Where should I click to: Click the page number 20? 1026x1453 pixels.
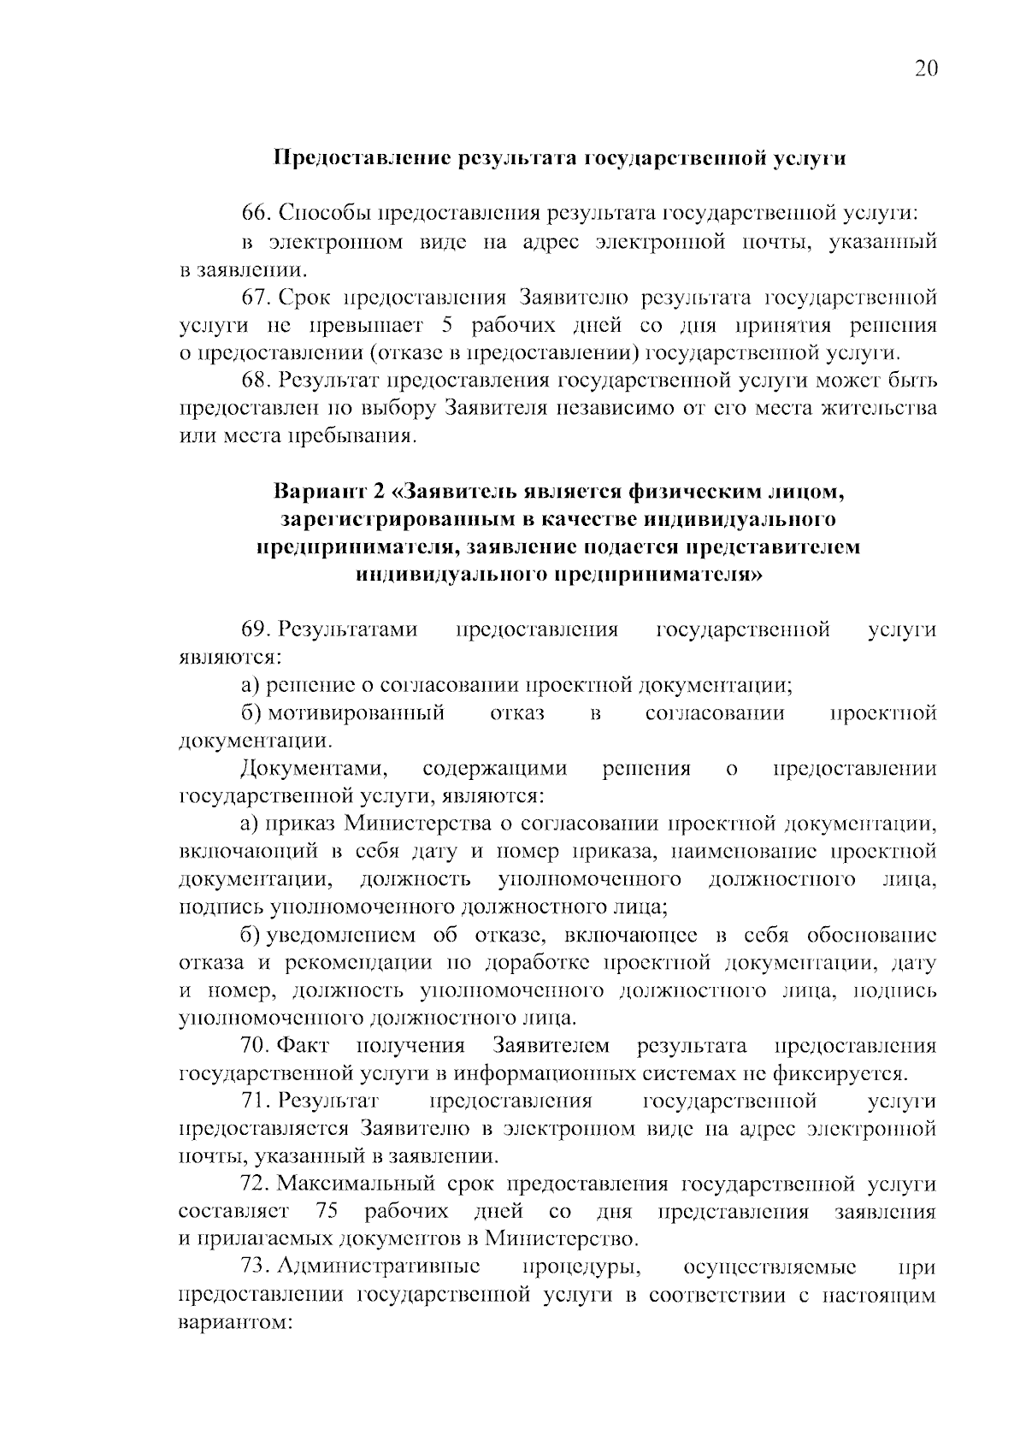[x=926, y=69]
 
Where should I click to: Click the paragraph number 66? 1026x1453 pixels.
[x=256, y=214]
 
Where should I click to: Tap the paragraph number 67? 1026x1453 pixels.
[x=256, y=297]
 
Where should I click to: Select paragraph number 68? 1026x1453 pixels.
[x=256, y=380]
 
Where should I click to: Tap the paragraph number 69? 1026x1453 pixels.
[x=256, y=630]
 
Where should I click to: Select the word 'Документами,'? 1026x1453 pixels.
[x=315, y=769]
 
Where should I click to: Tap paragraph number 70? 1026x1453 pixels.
[x=256, y=1046]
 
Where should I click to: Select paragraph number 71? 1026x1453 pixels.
[x=256, y=1101]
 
